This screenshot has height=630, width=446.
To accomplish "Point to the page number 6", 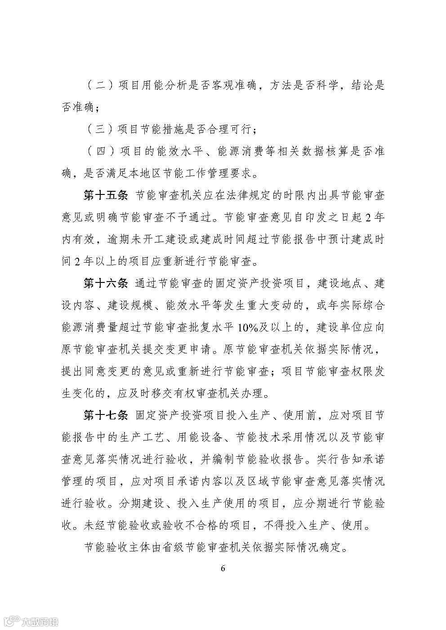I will point(223,568).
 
